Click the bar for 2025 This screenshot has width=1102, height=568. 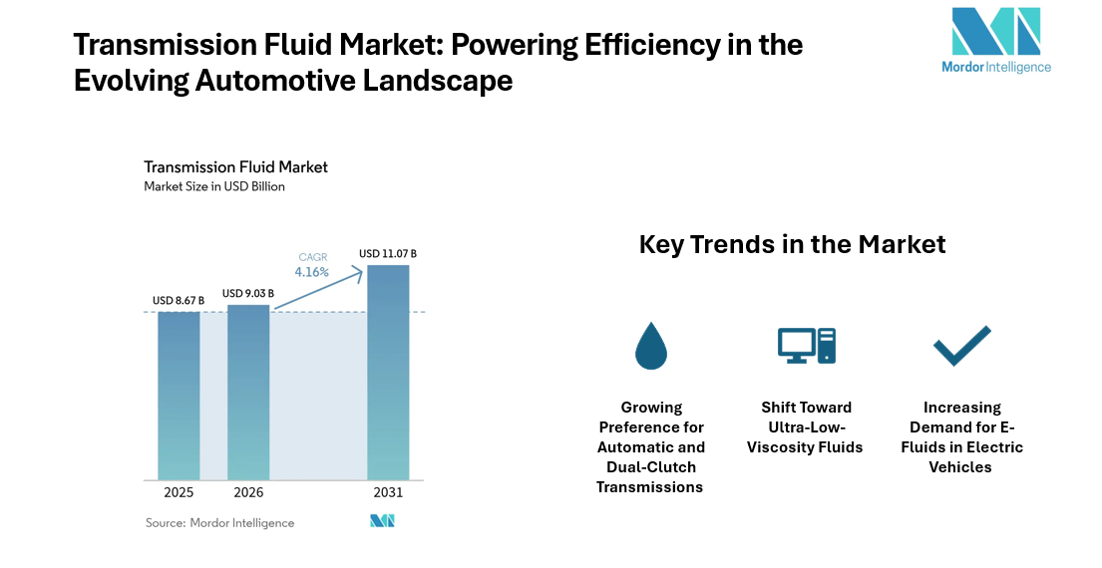coord(179,396)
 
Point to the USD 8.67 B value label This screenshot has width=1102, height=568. coord(179,300)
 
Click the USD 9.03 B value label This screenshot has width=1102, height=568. coord(248,293)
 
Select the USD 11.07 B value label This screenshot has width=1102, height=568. coord(388,254)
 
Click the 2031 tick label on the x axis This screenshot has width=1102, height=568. coord(388,492)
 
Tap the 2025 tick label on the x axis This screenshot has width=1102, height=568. coord(179,492)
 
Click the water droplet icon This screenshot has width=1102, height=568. coord(651,346)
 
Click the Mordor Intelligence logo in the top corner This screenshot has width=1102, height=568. coord(995,41)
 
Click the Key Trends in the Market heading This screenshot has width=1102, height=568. coord(792,243)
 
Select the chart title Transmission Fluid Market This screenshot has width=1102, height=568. coord(235,166)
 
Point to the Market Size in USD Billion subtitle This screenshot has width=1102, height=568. coord(214,186)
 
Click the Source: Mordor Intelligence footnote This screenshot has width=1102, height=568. coord(219,522)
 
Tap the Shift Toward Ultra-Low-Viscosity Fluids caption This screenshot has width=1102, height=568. coord(806,427)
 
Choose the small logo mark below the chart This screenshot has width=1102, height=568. coord(383,521)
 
